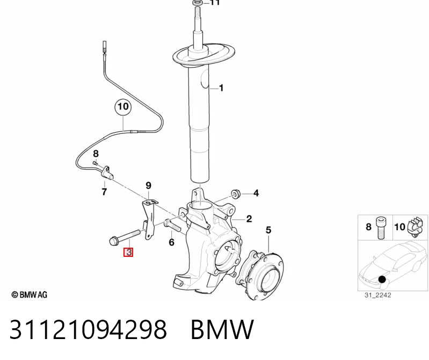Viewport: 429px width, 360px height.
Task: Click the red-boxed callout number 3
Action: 128,252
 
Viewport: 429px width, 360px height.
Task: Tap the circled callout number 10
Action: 123,106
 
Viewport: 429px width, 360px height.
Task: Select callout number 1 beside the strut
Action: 221,88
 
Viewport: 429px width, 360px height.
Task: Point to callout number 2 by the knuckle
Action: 249,219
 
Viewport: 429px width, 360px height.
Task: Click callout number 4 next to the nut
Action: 256,193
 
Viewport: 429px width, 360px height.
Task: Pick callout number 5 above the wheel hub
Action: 268,230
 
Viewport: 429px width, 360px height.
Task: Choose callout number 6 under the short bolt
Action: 171,242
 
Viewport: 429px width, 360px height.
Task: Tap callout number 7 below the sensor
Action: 104,192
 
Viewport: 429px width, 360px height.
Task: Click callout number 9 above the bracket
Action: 148,185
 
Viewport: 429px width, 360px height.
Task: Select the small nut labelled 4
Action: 236,193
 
